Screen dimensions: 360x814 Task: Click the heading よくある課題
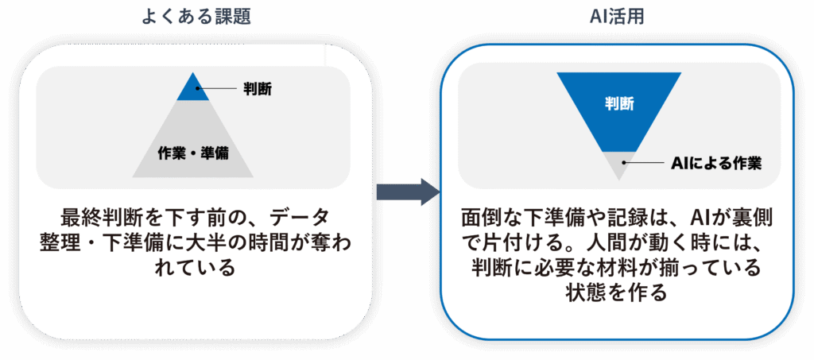[196, 16]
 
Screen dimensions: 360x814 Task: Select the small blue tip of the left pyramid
[192, 89]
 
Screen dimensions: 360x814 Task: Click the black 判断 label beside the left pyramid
[257, 89]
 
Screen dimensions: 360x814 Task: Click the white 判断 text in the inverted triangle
[618, 103]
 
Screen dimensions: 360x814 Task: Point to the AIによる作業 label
[717, 164]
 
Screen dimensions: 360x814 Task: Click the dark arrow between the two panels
[406, 192]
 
